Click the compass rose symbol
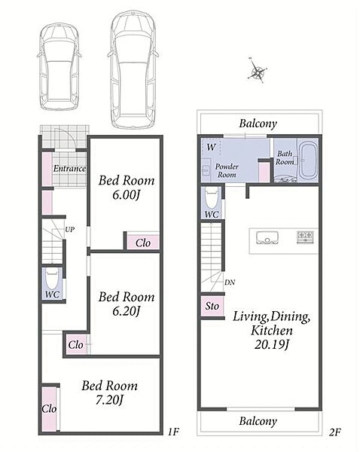pyautogui.click(x=256, y=70)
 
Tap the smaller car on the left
pyautogui.click(x=59, y=67)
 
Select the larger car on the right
pyautogui.click(x=133, y=70)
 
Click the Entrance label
pyautogui.click(x=69, y=169)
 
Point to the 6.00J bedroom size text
pyautogui.click(x=126, y=195)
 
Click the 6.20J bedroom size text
pyautogui.click(x=126, y=311)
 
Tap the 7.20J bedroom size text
pyautogui.click(x=109, y=400)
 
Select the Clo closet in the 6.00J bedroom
pyautogui.click(x=143, y=243)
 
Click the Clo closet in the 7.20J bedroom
pyautogui.click(x=49, y=409)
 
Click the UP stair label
pyautogui.click(x=70, y=230)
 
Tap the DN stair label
pyautogui.click(x=230, y=282)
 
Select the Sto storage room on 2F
pyautogui.click(x=212, y=306)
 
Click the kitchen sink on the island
pyautogui.click(x=267, y=237)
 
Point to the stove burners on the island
pyautogui.click(x=305, y=237)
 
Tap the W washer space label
pyautogui.click(x=212, y=148)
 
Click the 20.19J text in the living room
pyautogui.click(x=271, y=344)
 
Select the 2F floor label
pyautogui.click(x=334, y=432)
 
